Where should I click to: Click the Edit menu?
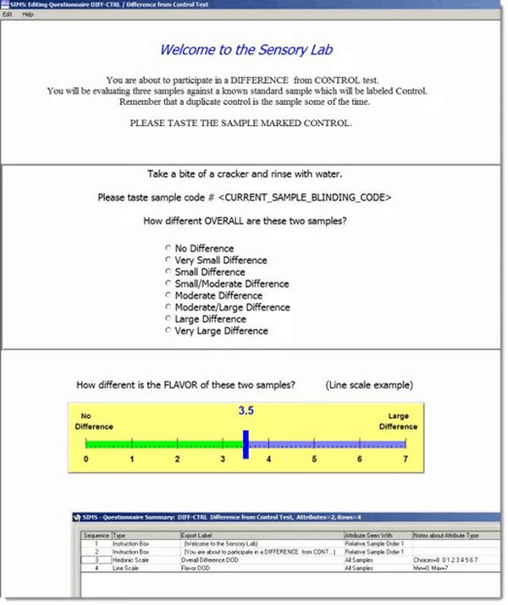[x=7, y=15]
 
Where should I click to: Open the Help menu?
[x=28, y=15]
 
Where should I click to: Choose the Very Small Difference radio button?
[x=168, y=261]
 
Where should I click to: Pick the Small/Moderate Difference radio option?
[x=168, y=284]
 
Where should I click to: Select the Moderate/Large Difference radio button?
[x=168, y=308]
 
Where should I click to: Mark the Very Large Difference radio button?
[x=168, y=332]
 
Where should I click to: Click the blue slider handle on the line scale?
[x=246, y=444]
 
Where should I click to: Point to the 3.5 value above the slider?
[x=246, y=411]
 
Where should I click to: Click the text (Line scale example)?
[x=369, y=385]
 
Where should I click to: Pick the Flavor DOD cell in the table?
[x=198, y=568]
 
